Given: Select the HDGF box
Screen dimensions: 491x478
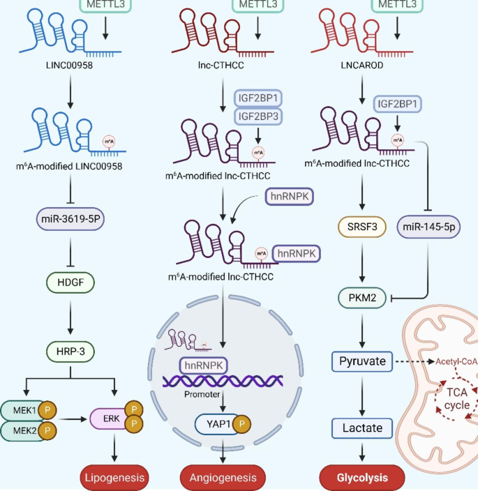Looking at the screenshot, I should (70, 283).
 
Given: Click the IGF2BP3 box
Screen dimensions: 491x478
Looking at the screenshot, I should (259, 116).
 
